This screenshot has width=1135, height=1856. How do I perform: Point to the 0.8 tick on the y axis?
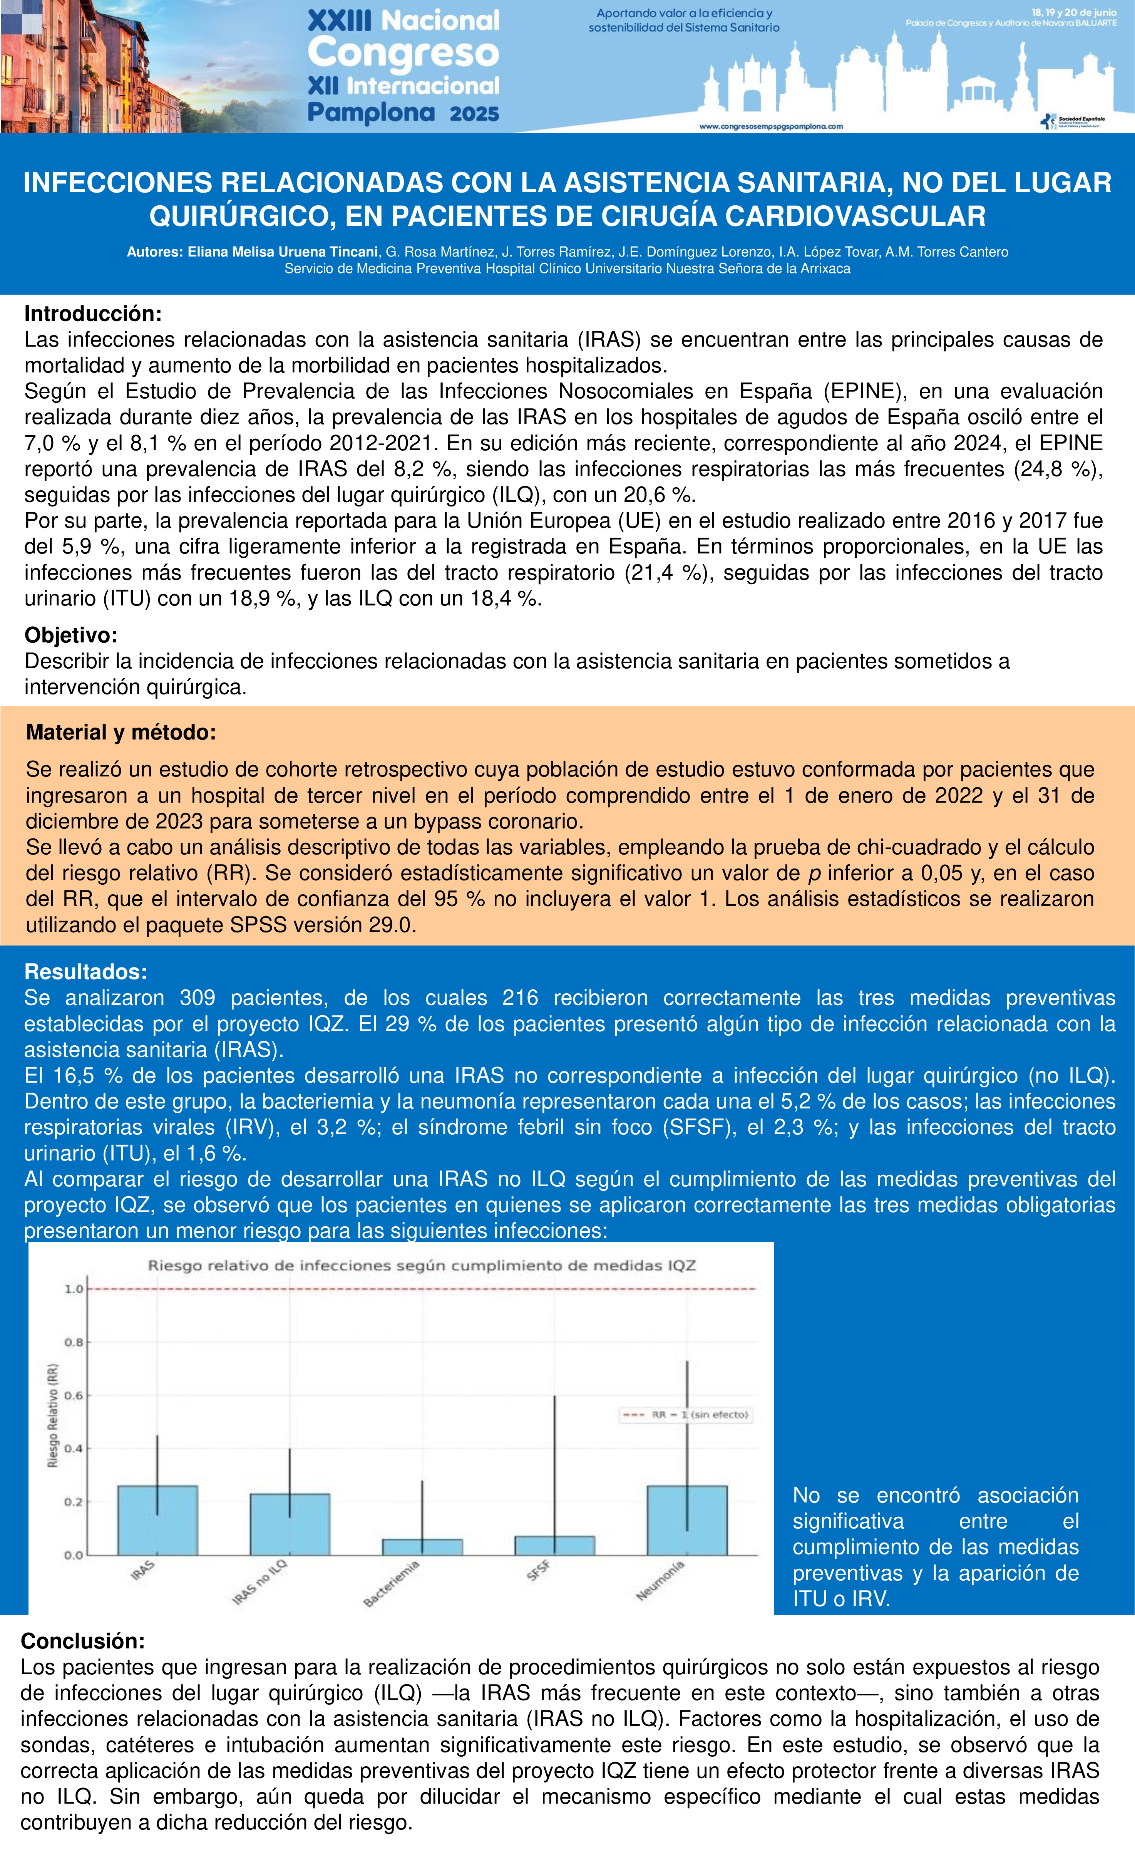point(73,1342)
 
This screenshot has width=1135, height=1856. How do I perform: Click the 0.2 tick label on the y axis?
point(73,1502)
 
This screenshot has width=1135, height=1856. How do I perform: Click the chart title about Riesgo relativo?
point(421,1266)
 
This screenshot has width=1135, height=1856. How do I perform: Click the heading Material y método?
point(121,732)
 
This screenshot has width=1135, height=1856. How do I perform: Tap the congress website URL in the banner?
point(770,127)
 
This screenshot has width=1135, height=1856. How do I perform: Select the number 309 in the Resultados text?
point(198,998)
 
